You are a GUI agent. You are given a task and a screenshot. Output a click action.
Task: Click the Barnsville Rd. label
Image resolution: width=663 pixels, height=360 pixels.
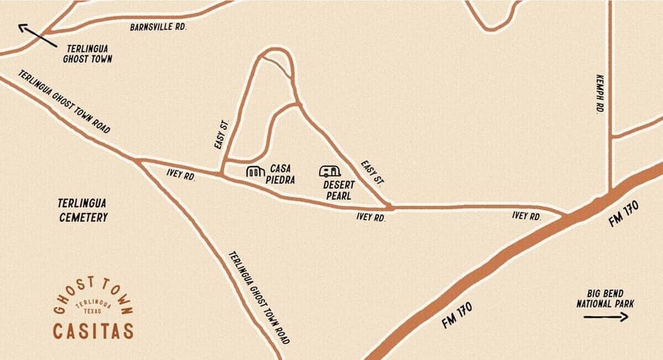pos(158,27)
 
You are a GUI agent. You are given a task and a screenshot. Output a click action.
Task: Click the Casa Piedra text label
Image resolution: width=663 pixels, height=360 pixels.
pos(282,173)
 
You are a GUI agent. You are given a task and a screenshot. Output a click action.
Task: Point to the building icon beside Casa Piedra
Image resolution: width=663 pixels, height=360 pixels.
pos(256,171)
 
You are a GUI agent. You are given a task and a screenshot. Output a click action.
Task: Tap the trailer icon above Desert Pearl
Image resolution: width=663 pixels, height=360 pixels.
pos(330,170)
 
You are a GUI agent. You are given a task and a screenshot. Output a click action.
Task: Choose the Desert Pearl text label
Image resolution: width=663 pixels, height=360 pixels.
pos(338,190)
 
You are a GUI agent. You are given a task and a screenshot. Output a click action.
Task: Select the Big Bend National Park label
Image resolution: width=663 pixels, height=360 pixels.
pos(606,299)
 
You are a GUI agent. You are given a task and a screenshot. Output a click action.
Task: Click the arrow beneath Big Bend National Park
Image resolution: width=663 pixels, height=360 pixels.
pos(606,317)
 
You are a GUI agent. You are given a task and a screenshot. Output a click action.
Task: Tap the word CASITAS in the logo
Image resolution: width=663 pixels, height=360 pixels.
pos(93,331)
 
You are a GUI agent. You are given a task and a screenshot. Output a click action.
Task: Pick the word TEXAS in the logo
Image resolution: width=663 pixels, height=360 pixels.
pos(93,311)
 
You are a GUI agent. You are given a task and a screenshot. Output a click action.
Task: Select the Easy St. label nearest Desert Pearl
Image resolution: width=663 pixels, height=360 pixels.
pos(373,171)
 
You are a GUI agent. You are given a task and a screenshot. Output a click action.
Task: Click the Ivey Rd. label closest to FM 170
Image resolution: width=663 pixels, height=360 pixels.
pos(526,216)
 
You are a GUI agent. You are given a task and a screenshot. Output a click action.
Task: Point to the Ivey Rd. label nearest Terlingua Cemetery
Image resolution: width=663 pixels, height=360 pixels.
pos(182,176)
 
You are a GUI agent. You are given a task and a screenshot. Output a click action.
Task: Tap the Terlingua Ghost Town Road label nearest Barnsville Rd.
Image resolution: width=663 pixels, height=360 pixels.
pos(64,101)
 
